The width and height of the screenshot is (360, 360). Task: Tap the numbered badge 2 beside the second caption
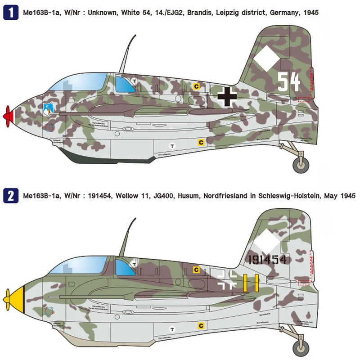point(9,196)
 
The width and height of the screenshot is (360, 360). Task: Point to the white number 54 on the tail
point(288,82)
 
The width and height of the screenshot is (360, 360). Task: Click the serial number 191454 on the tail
point(266,260)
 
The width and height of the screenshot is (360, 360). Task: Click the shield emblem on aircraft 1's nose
point(49,108)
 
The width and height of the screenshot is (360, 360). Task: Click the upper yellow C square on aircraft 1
point(196,86)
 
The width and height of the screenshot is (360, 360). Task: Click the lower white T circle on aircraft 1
point(171,145)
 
